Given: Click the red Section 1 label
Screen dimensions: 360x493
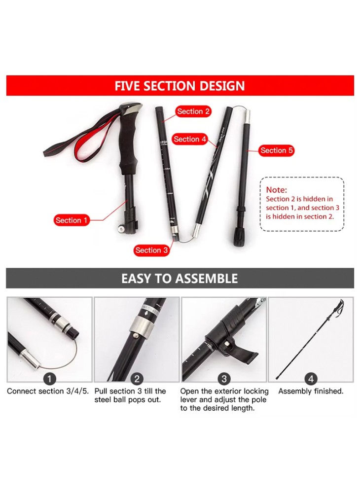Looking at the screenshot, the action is pyautogui.click(x=72, y=220).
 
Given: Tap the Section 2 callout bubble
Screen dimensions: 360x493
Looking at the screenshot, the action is pyautogui.click(x=193, y=111).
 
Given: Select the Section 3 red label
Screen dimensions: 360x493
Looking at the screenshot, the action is pyautogui.click(x=151, y=250).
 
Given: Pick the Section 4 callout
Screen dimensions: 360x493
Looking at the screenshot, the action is pyautogui.click(x=189, y=139).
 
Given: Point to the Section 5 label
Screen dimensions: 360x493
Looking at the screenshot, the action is pyautogui.click(x=276, y=150).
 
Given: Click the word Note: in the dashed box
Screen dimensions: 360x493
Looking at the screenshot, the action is pyautogui.click(x=276, y=190).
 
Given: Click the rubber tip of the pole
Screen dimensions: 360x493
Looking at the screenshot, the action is pyautogui.click(x=239, y=238).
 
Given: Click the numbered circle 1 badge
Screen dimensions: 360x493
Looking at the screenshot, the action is pyautogui.click(x=49, y=379).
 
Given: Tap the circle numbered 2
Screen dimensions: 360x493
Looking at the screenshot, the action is pyautogui.click(x=137, y=379).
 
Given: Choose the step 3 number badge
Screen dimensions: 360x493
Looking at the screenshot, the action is pyautogui.click(x=224, y=379).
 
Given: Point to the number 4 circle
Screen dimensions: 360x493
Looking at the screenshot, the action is pyautogui.click(x=311, y=379).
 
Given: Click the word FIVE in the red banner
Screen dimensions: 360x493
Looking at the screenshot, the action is pyautogui.click(x=127, y=86).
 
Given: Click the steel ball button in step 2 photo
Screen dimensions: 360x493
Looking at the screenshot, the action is pyautogui.click(x=136, y=335).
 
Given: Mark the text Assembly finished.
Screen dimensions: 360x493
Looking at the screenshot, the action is pyautogui.click(x=311, y=391).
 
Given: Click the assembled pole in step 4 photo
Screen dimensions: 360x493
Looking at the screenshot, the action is pyautogui.click(x=310, y=340).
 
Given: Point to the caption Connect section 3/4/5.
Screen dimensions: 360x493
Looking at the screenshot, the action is pyautogui.click(x=48, y=391).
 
